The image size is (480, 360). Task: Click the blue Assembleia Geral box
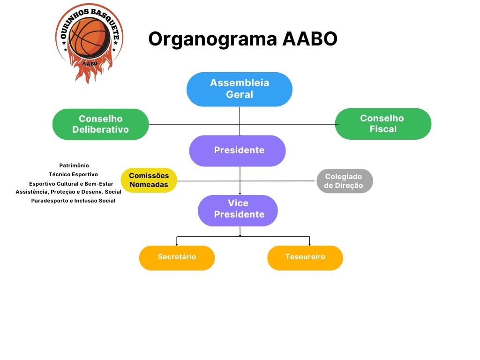point(239,89)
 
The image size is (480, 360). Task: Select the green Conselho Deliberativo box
point(100,124)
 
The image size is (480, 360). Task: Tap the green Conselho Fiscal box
point(382,124)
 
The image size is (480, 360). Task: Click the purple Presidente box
point(238,150)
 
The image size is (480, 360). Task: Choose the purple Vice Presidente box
point(238,210)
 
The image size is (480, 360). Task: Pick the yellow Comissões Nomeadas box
point(149,180)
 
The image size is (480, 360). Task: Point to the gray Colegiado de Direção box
point(344,181)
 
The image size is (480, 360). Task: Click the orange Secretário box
point(177,257)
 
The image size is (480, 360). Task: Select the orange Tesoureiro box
point(305,257)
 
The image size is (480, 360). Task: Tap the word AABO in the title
point(310,39)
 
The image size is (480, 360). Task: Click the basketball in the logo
point(89,37)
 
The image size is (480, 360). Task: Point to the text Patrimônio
point(74,165)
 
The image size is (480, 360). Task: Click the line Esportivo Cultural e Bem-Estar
point(71,183)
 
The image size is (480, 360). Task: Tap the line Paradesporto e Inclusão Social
point(73,201)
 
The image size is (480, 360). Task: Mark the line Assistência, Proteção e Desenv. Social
point(68,192)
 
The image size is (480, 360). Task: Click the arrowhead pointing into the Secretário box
point(177,244)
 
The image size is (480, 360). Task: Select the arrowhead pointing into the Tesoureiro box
point(309,244)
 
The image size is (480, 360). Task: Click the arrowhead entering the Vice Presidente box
point(240,193)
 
